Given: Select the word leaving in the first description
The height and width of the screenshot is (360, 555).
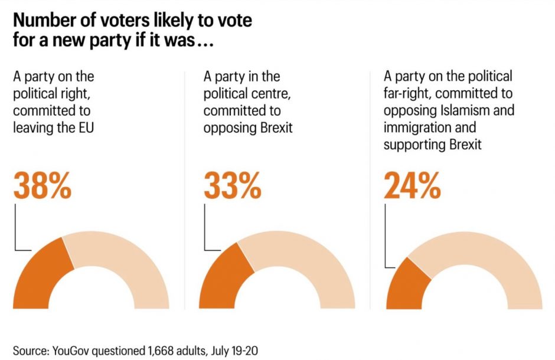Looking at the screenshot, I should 32,127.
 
